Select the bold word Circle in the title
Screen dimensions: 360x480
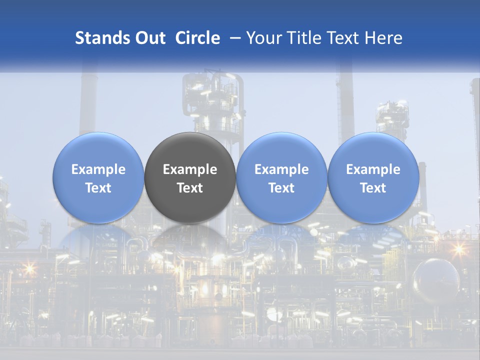point(197,38)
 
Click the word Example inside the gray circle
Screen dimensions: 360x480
point(190,169)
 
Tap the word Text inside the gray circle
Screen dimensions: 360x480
point(190,188)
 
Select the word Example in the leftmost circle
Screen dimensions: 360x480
point(98,169)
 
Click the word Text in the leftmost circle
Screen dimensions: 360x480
point(98,188)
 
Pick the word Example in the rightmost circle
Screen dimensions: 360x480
point(373,169)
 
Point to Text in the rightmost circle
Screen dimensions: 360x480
point(373,188)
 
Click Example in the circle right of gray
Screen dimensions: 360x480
point(281,169)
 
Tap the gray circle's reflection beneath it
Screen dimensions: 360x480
point(190,237)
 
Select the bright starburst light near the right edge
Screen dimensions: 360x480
point(458,248)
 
